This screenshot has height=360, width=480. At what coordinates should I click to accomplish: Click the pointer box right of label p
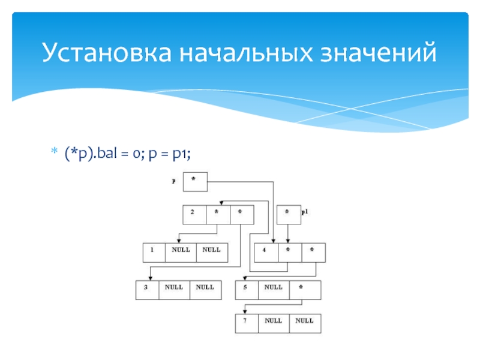[195, 182]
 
